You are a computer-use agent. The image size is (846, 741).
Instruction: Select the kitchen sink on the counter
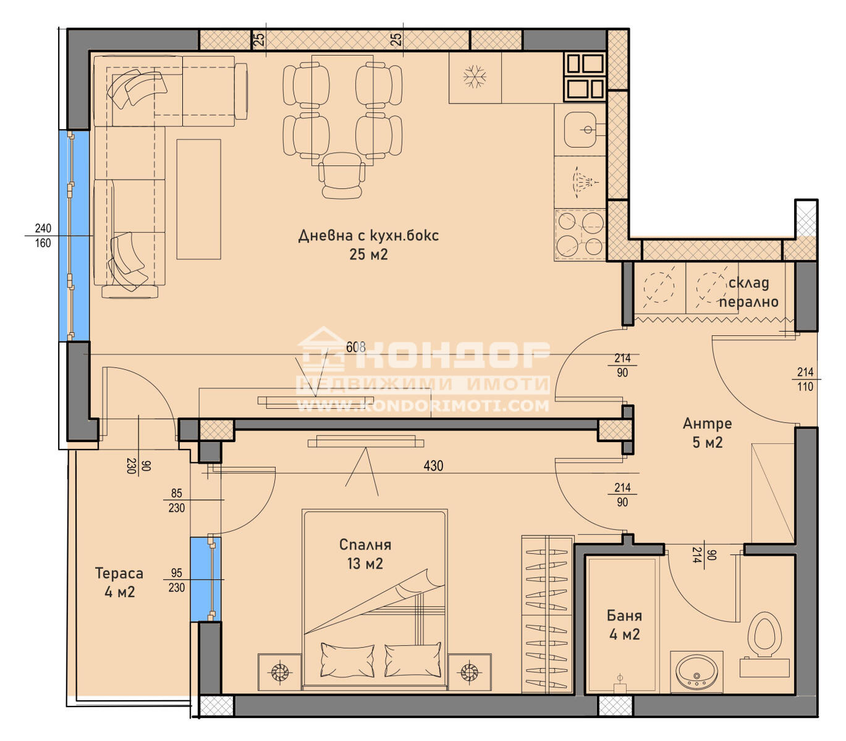[580, 129]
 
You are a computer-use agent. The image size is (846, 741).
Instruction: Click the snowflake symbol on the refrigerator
[475, 77]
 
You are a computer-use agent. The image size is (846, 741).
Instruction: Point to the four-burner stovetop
[580, 235]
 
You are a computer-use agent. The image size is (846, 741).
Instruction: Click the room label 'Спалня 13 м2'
[365, 554]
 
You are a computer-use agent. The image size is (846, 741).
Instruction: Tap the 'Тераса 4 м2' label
[119, 582]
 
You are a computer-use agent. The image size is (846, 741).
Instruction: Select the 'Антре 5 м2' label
[707, 433]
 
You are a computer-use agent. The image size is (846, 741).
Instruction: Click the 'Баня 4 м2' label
[624, 624]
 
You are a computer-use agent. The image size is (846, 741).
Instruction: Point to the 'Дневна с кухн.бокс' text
[368, 235]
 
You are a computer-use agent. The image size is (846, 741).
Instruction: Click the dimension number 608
[355, 346]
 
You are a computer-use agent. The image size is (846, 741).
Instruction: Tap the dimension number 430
[433, 466]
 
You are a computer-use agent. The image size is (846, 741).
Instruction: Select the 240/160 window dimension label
[43, 236]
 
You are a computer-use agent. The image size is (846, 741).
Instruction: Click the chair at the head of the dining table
[342, 175]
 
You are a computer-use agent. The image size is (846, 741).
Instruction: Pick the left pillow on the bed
[347, 660]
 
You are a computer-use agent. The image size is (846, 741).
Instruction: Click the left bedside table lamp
[279, 672]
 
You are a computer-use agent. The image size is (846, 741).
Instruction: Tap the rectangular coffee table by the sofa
[198, 199]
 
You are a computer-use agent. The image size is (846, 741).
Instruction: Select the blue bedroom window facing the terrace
[205, 579]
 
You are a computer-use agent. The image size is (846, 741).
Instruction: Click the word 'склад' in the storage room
[748, 283]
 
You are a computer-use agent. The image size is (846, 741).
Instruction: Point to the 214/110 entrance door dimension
[805, 379]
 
